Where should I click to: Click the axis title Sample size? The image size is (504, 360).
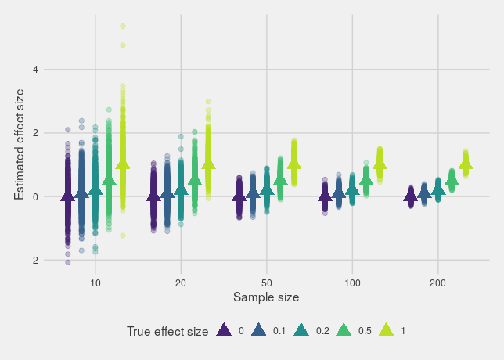pos(266,297)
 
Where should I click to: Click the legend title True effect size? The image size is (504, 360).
pos(167,332)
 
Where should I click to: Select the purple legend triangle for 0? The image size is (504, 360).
pos(224,331)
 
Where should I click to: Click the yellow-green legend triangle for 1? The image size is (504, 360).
pos(386,331)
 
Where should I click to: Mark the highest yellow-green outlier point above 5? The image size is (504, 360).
pos(123,26)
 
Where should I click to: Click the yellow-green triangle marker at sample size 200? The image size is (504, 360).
pos(466,164)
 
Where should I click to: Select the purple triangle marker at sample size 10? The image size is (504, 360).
pos(68,196)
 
